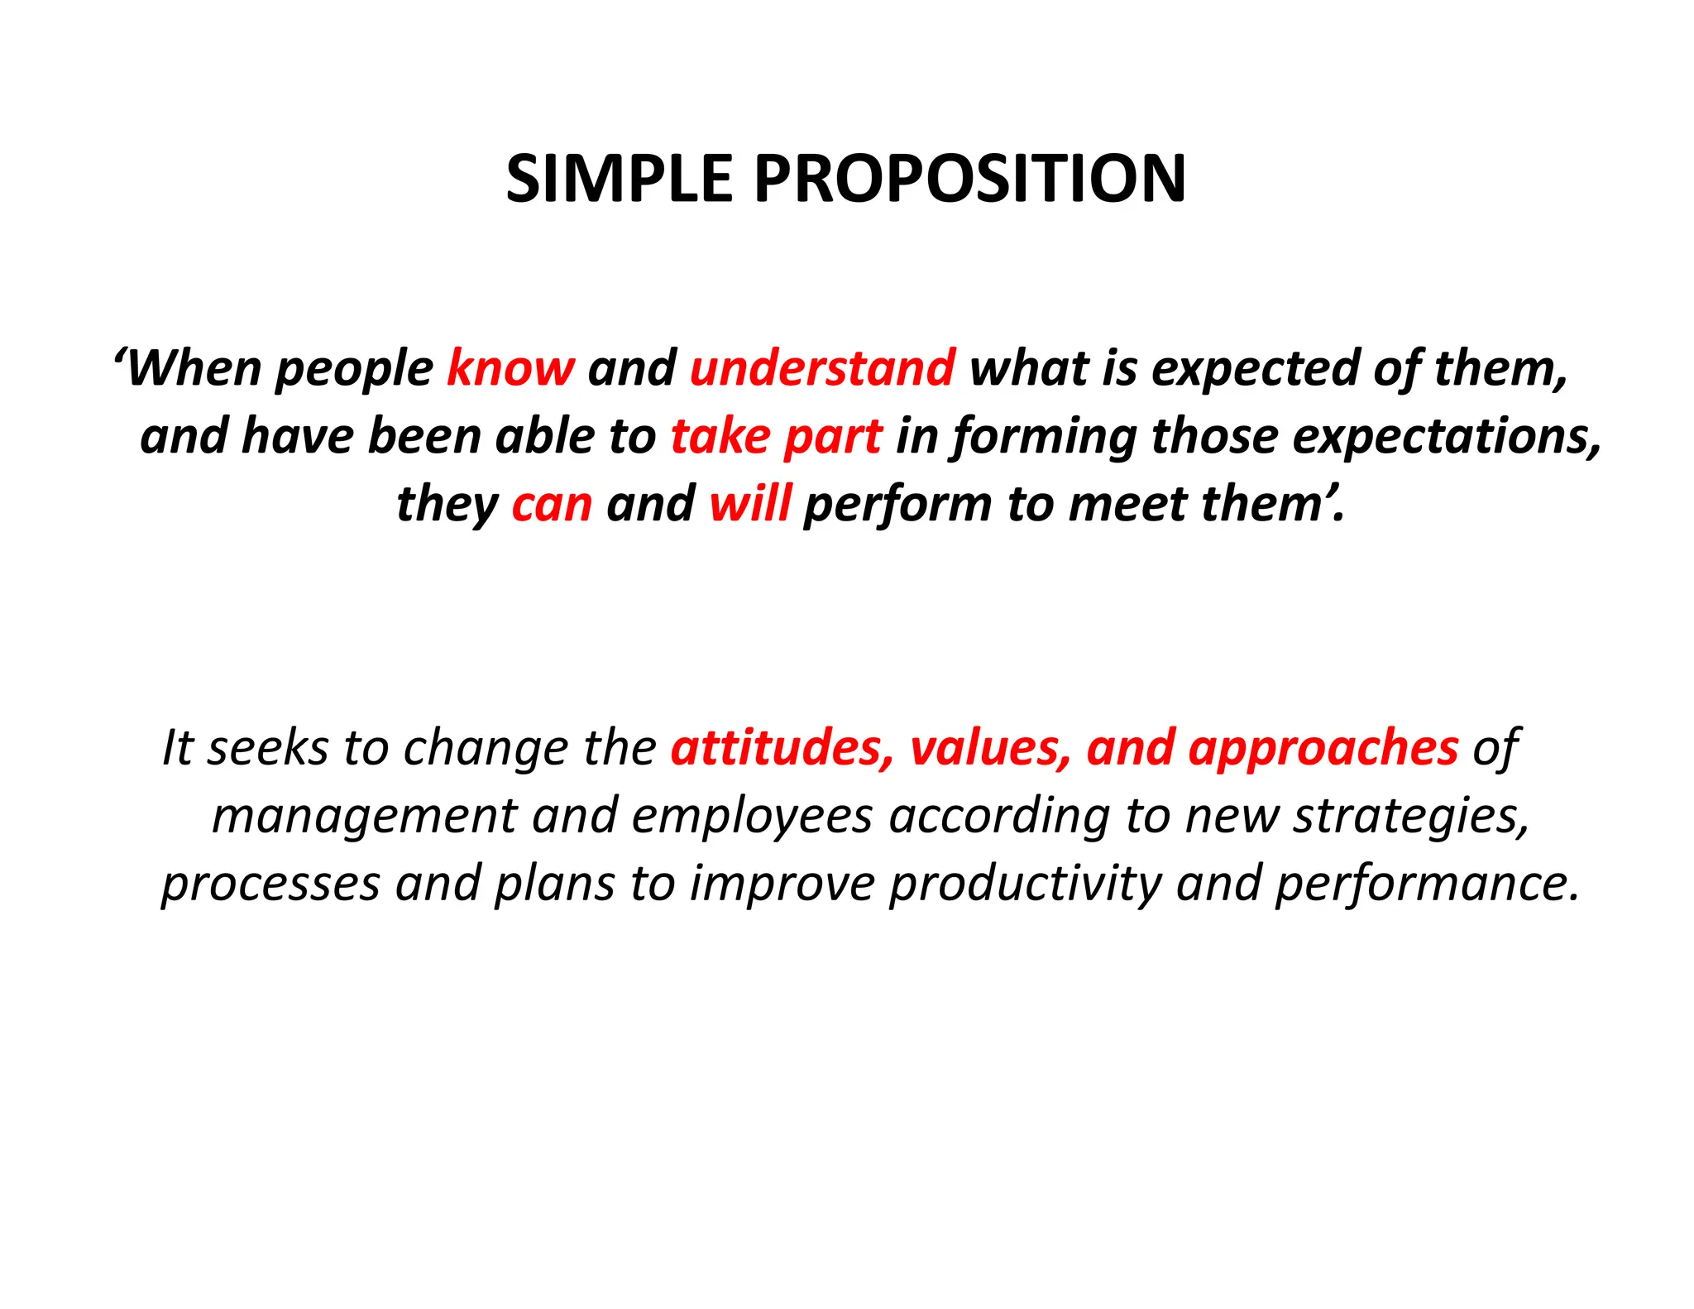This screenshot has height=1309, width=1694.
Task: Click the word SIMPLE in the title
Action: [619, 179]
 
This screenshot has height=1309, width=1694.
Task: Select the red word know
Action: [510, 368]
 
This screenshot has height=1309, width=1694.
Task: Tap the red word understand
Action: [822, 368]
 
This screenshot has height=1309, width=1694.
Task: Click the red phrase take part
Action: [776, 436]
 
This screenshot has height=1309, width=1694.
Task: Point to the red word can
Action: [552, 504]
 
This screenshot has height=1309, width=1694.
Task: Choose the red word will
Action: [749, 504]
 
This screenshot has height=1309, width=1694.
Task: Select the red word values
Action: [990, 748]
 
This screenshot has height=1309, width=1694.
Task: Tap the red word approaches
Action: [1323, 750]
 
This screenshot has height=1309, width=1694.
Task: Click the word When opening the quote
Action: [194, 368]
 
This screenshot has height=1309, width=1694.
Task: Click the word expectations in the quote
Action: [1447, 438]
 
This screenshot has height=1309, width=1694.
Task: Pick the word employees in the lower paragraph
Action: [752, 818]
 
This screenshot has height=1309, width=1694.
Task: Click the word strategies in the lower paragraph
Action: [1411, 818]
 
